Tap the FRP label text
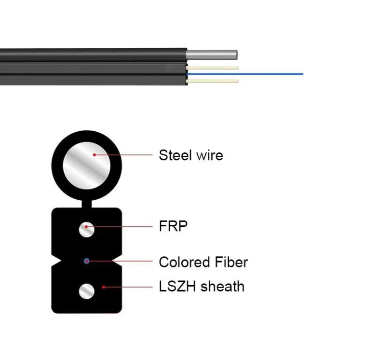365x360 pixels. (173, 226)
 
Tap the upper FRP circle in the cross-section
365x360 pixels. (87, 229)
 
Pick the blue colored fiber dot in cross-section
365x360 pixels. (87, 261)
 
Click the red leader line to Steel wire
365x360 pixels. (125, 155)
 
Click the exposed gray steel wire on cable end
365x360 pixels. (212, 54)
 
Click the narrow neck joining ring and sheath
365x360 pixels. (87, 203)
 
